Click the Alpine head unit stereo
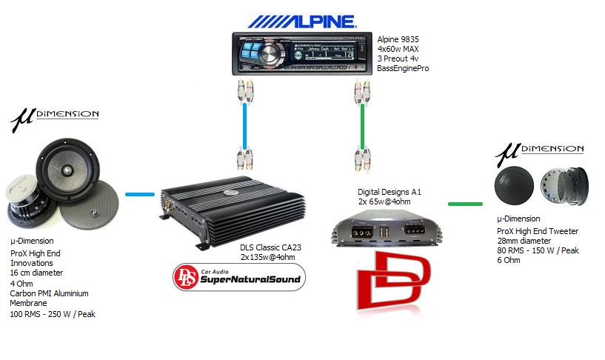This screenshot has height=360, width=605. click(302, 53)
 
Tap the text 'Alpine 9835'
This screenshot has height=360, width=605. click(398, 39)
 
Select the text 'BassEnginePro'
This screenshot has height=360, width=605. click(403, 68)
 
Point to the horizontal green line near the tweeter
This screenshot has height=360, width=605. click(465, 203)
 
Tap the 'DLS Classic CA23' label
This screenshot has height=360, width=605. click(271, 247)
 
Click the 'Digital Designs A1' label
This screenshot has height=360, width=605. click(384, 191)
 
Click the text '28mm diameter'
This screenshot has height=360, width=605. click(524, 241)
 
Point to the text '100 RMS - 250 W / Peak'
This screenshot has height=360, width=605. click(53, 314)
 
